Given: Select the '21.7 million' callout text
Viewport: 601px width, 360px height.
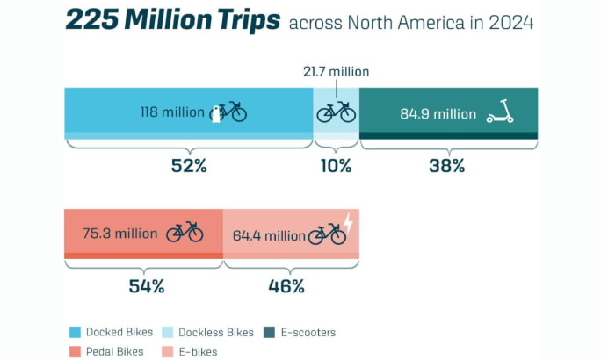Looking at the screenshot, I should pos(337,71).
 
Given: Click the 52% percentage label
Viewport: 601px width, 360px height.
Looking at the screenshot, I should pos(188,165).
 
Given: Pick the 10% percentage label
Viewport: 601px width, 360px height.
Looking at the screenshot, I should pos(336,165).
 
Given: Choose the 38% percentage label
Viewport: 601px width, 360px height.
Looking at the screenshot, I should pos(447,165).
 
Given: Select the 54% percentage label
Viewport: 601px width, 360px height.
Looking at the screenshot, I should pos(144,285).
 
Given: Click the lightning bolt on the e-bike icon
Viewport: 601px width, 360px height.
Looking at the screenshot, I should pos(348,224).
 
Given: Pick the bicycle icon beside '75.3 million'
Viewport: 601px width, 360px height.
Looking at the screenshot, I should pos(185,232).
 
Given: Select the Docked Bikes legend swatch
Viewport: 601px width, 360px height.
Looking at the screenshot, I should pos(76,333).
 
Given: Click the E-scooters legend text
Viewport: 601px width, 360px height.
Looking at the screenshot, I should pos(308,333).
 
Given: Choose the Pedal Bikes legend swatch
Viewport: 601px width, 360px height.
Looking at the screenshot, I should pos(76,352).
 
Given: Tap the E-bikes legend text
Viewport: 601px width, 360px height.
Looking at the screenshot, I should pos(198,352).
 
